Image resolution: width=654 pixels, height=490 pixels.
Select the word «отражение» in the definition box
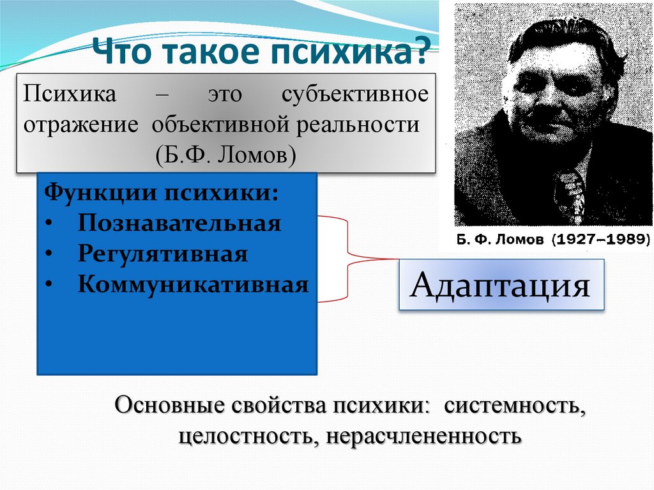81,125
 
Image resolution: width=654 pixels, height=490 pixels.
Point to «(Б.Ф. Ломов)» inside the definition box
224,155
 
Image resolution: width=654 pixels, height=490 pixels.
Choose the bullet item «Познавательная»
179,224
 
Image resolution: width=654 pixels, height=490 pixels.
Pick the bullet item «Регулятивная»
163,254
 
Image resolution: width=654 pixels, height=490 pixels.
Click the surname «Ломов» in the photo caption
520,240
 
